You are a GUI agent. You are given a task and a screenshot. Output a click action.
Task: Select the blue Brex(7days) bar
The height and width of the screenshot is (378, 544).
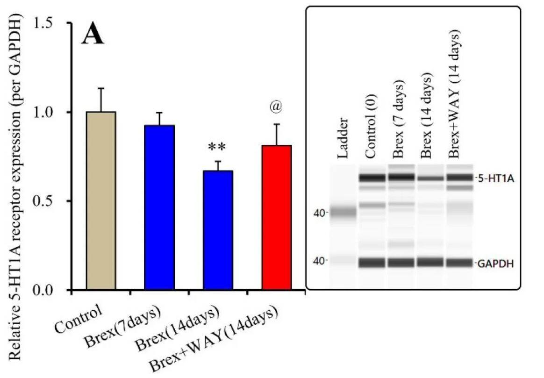click(159, 208)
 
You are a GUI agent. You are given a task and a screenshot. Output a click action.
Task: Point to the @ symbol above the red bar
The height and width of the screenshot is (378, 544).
click(276, 107)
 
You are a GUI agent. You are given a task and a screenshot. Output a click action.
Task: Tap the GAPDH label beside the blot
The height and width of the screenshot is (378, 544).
click(495, 264)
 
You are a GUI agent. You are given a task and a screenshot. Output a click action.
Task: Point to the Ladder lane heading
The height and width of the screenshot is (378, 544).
click(343, 138)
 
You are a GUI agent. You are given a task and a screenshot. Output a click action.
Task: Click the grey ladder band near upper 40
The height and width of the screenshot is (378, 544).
click(343, 213)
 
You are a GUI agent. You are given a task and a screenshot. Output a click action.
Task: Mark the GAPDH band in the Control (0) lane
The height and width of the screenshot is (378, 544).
click(372, 263)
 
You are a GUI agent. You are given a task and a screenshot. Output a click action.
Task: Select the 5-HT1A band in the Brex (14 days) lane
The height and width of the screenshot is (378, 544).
click(430, 178)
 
